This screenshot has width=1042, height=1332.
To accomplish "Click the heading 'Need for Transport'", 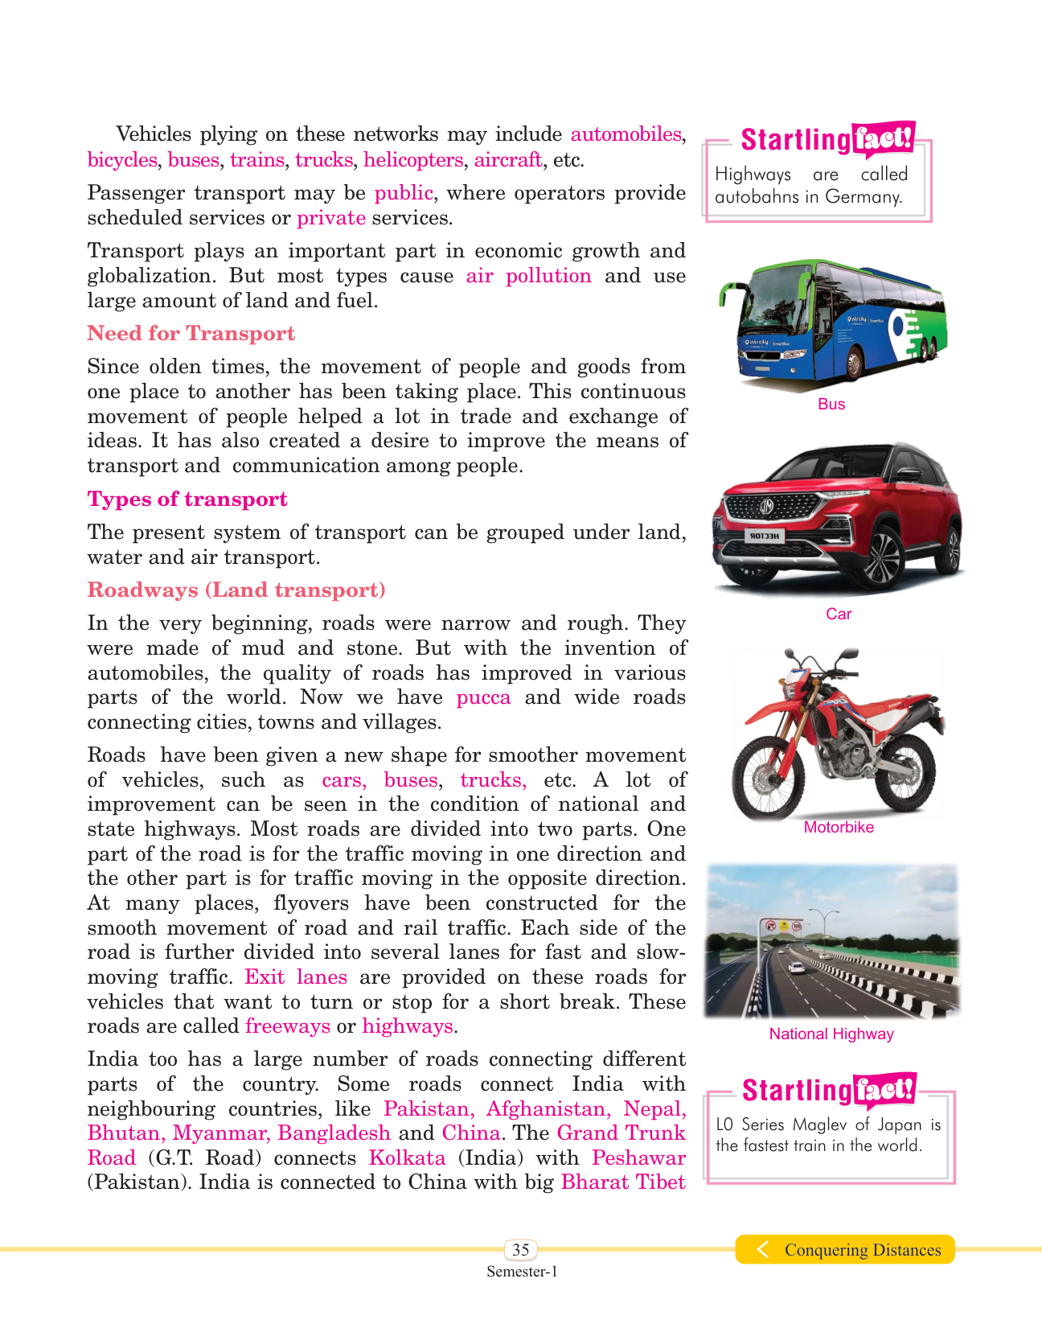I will click(191, 334).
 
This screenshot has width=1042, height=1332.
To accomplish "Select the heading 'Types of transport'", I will click(187, 499).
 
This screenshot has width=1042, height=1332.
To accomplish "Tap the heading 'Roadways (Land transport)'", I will click(236, 590).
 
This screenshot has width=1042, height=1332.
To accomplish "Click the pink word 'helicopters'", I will click(412, 160).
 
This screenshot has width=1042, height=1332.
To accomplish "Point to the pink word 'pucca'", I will click(483, 697).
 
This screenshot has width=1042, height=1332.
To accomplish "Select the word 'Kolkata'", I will click(407, 1158).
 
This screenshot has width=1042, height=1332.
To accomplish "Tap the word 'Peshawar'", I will click(638, 1158).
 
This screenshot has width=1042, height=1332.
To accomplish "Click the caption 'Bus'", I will click(831, 404).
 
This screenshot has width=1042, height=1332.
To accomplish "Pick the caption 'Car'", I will click(839, 614).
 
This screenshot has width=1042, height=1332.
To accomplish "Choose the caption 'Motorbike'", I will click(839, 827).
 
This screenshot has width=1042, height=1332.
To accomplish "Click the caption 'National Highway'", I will click(831, 1034).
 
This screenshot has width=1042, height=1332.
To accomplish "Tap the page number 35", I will click(521, 1249).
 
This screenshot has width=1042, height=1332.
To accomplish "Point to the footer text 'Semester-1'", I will click(522, 1272).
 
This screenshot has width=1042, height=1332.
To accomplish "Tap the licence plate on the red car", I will click(765, 536).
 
